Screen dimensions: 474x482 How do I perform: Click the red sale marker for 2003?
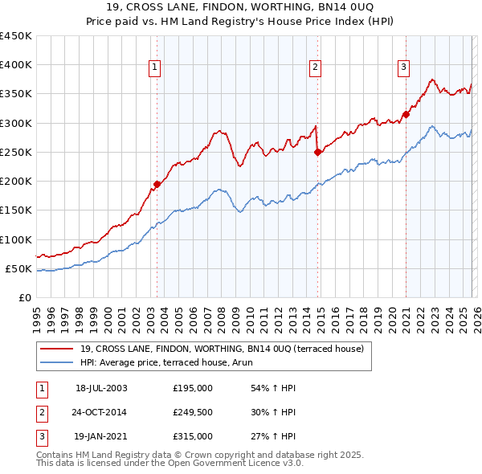tap(157, 184)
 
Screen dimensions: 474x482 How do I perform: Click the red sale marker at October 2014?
tap(317, 152)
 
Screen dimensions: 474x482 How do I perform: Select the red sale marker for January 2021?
tap(406, 114)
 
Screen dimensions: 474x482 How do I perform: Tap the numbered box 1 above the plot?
tap(153, 67)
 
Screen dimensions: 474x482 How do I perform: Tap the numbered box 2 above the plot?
tap(316, 67)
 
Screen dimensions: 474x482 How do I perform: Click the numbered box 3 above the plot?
tap(403, 67)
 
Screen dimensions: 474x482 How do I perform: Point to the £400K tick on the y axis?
tap(16, 65)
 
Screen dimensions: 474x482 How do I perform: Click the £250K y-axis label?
tap(16, 152)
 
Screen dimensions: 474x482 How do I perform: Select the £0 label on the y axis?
tap(26, 297)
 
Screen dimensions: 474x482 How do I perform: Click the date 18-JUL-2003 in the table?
tap(101, 388)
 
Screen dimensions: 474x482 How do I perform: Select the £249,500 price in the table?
tap(193, 412)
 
